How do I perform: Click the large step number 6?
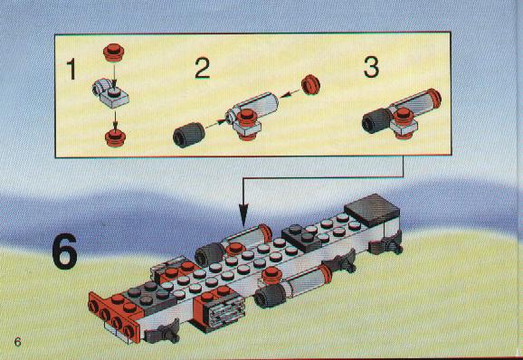pos(65,251)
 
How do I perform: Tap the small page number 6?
pos(17,342)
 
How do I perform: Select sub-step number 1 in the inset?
pos(71,69)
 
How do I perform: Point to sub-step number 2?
pos(202,69)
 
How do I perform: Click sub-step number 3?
pos(371,67)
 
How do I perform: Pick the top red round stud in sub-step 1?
pos(113,52)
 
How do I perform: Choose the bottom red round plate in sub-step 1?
pos(115,138)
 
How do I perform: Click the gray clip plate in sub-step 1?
pos(110,93)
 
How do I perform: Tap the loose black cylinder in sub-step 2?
pos(189,135)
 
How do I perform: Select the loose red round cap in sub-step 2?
pos(310,84)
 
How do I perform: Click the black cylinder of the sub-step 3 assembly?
pos(376,121)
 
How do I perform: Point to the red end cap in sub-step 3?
pos(434,98)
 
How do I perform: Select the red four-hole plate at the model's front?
pos(113,316)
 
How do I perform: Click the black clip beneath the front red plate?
pos(163,332)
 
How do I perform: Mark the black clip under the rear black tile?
pos(385,243)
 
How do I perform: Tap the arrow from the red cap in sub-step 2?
pos(290,93)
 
